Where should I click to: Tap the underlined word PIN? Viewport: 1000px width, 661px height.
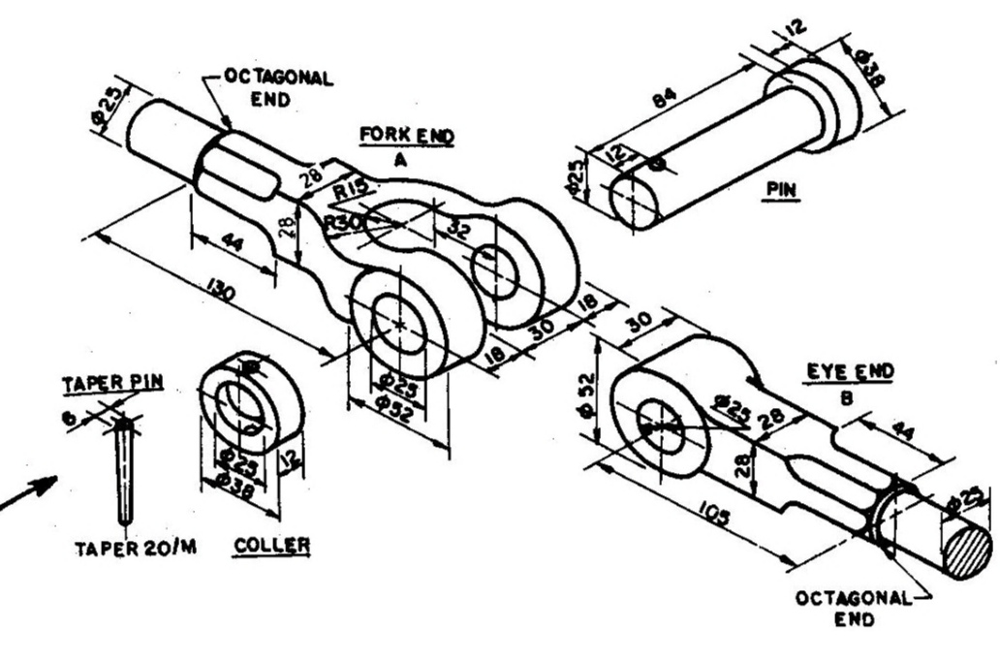[780, 190]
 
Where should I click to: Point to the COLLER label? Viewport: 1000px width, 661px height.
[271, 547]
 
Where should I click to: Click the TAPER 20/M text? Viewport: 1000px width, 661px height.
[136, 549]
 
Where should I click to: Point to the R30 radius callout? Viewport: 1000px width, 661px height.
[341, 222]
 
